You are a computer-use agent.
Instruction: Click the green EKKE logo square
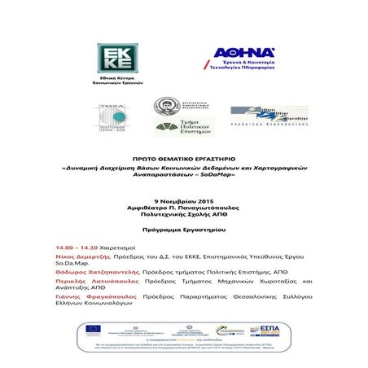click(114, 59)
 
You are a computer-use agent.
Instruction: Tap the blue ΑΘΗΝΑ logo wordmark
click(243, 53)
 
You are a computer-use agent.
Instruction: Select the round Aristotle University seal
click(165, 106)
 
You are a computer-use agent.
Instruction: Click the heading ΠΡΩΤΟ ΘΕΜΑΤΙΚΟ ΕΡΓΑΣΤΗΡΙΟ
click(183, 160)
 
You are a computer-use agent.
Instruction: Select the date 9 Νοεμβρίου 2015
click(183, 200)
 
